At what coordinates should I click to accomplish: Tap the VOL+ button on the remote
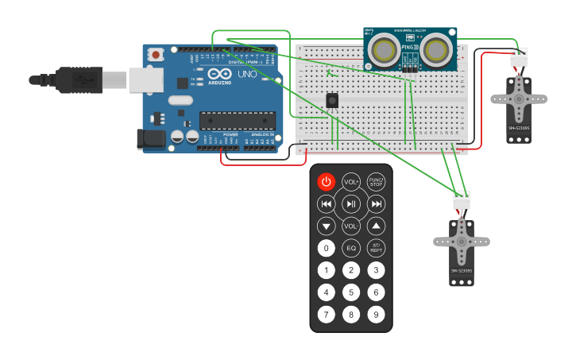coord(351,182)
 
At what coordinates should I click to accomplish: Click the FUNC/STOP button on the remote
coord(376,182)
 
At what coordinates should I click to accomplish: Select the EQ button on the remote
coord(351,248)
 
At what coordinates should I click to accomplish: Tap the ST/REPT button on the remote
coord(376,248)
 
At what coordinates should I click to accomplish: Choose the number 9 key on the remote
coord(376,314)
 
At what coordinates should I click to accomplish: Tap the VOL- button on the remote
coord(351,226)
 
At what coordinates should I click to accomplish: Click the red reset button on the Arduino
coord(157,55)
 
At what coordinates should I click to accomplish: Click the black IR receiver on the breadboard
coord(332,100)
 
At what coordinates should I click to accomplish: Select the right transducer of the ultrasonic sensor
coord(435,49)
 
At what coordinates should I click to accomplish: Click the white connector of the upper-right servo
coord(518,58)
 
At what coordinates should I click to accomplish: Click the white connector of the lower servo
coord(462,200)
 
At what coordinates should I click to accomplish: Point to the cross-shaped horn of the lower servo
coord(462,242)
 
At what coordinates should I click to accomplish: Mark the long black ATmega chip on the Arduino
coord(237,121)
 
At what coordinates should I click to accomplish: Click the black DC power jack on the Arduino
coord(150,139)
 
